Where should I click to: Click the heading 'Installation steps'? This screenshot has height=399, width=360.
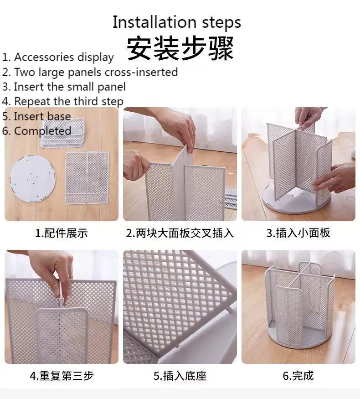point(177,22)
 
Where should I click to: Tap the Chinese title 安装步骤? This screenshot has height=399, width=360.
point(180,48)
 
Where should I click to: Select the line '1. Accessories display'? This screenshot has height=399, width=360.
point(58,57)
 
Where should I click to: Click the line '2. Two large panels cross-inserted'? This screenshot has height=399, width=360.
point(90,72)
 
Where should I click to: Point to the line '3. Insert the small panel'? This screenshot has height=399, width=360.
point(64,87)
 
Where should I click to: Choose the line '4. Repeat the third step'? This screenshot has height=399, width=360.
point(62,102)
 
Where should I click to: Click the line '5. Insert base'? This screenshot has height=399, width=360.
point(36,116)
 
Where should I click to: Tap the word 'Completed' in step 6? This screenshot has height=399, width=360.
point(42,131)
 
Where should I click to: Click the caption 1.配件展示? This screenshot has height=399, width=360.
point(61,233)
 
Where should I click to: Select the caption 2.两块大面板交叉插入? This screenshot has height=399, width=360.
point(180,233)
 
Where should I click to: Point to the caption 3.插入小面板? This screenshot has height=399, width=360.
point(298,233)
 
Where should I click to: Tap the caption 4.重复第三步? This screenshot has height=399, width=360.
point(62,376)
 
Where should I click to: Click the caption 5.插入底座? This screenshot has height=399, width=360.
point(180,376)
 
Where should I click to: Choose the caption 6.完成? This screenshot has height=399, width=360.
point(298,376)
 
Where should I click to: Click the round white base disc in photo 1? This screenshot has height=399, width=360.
point(32,178)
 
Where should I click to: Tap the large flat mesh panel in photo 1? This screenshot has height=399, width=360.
point(87,178)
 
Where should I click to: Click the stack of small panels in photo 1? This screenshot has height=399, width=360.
point(62,133)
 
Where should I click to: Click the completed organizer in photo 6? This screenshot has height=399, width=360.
point(299,304)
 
